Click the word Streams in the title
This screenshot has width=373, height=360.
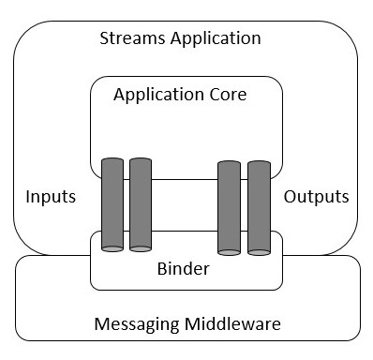[x=129, y=39]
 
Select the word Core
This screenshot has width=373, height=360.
[x=235, y=95]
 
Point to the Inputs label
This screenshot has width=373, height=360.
[x=52, y=197]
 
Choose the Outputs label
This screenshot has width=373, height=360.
[x=316, y=197]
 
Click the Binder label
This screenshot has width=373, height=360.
[x=183, y=269]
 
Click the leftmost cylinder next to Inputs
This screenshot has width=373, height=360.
[x=112, y=204]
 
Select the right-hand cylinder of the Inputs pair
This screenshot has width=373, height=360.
[x=141, y=204]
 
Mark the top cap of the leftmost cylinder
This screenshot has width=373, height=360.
[x=112, y=161]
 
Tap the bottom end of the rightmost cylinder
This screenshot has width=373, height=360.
[x=259, y=251]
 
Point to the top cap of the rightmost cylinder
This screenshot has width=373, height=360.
[x=259, y=165]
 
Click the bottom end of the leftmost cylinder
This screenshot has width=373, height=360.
[x=112, y=248]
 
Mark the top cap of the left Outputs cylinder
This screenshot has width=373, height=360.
[x=229, y=165]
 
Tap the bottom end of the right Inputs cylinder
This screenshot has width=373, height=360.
[x=141, y=248]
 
